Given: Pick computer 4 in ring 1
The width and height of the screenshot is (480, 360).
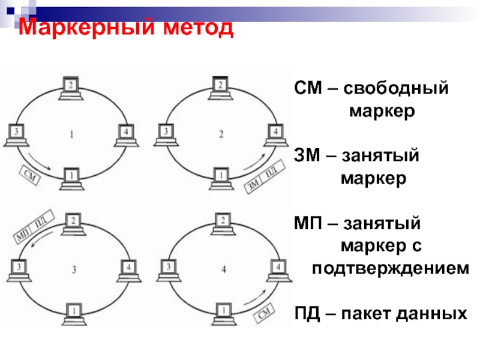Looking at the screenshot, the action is pyautogui.click(x=125, y=134).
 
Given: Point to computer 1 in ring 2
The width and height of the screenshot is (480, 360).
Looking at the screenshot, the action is pyautogui.click(x=220, y=177).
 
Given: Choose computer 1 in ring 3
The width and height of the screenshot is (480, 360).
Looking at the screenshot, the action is pyautogui.click(x=72, y=313).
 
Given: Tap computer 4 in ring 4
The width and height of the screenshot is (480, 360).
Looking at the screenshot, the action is pyautogui.click(x=277, y=268).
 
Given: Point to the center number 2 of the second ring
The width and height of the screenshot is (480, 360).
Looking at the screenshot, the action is pyautogui.click(x=221, y=134).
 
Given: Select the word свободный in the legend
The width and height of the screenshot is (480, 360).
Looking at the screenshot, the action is pyautogui.click(x=397, y=89).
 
